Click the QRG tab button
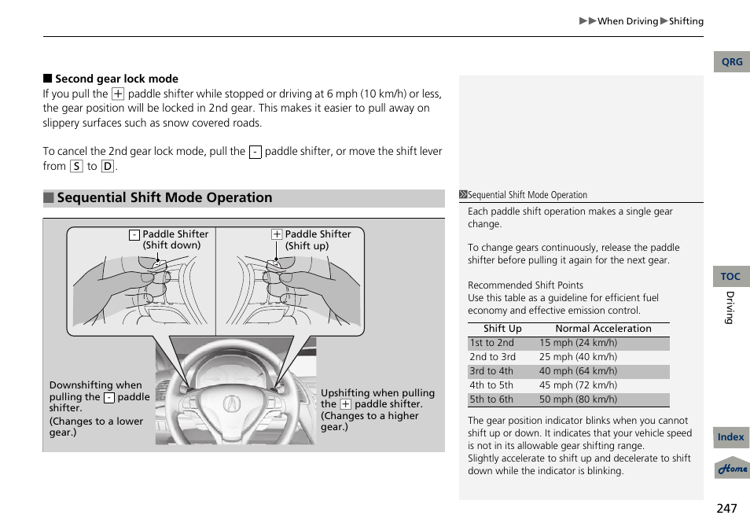coord(731,62)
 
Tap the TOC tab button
coord(731,277)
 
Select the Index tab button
coord(731,437)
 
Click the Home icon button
coord(732,469)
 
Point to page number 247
coord(726,508)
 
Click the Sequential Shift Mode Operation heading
coord(164,198)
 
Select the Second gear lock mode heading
coord(116,79)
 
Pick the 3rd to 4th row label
coord(491,371)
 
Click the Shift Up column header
coord(502,329)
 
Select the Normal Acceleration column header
coord(603,329)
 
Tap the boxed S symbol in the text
coord(76,166)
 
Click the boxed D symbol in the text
coord(108,166)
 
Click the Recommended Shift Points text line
coord(525,285)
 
